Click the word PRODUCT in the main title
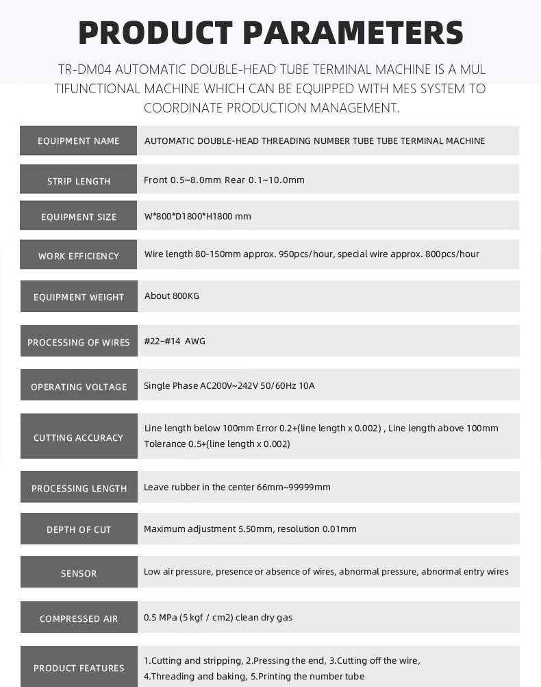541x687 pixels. [156, 33]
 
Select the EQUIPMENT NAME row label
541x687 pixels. [78, 141]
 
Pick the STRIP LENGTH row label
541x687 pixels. [79, 181]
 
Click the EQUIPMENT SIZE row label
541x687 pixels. [79, 217]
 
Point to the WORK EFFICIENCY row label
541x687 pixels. [79, 256]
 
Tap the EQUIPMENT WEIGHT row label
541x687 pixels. [79, 297]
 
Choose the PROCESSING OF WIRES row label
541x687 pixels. [79, 342]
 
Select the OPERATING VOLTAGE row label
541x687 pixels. [79, 387]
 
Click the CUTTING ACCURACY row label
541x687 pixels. [79, 437]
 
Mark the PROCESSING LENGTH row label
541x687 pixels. [79, 488]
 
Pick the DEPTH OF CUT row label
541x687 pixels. [79, 529]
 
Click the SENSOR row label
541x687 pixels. [79, 573]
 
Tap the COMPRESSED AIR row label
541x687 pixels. [79, 618]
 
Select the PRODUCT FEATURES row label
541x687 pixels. [79, 668]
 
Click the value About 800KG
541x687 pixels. [172, 296]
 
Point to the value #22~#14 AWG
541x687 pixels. [175, 341]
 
